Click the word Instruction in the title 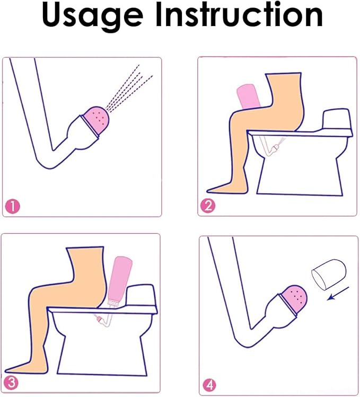pos(239,16)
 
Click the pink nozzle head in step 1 pos(95,118)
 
